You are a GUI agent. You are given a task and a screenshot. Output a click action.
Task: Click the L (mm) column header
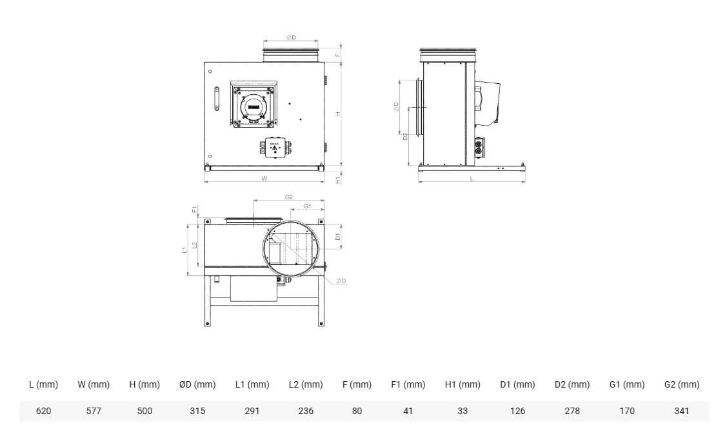click(x=43, y=384)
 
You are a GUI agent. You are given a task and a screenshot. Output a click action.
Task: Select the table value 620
click(x=43, y=411)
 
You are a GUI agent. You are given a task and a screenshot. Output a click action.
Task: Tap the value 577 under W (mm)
click(x=94, y=411)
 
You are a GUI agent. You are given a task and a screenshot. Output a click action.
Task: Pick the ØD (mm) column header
click(x=197, y=384)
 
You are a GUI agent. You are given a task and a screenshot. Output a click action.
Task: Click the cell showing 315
click(x=197, y=411)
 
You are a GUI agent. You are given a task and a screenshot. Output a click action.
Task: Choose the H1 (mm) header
click(x=462, y=384)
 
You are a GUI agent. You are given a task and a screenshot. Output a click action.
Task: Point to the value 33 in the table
click(x=462, y=411)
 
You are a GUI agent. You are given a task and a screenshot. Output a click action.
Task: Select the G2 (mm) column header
click(x=682, y=384)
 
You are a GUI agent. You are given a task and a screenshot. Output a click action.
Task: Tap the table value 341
click(x=681, y=411)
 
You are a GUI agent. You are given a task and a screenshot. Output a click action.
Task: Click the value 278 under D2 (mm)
click(x=572, y=411)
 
